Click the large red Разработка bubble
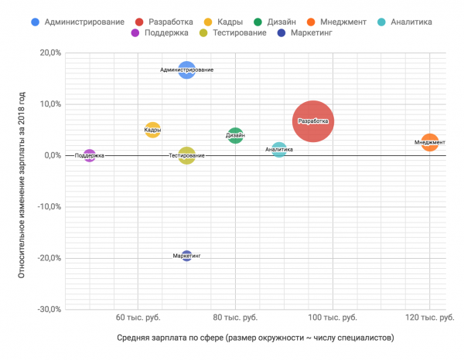(x=313, y=121)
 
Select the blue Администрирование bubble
(x=186, y=70)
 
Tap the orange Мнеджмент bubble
(x=430, y=142)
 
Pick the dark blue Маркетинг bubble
(x=186, y=256)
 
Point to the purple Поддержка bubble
(x=90, y=156)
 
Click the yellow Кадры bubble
(x=153, y=130)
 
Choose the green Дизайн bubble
(x=236, y=136)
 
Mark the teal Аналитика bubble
(x=279, y=150)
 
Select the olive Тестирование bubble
(x=186, y=156)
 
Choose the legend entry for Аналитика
(x=427, y=22)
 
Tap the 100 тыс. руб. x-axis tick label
(x=333, y=318)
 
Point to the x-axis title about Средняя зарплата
(x=256, y=338)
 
